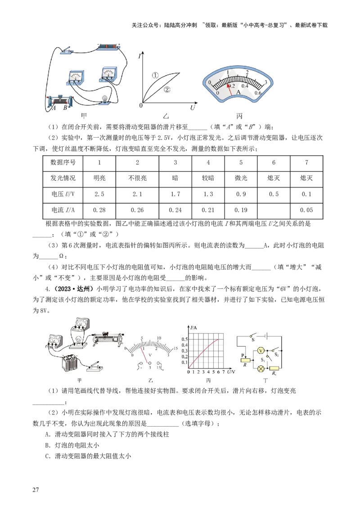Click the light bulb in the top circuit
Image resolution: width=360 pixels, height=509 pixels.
[x=104, y=99]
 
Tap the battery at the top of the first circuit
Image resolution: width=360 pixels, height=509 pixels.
[x=109, y=46]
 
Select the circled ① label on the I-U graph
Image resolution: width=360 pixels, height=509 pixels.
[x=155, y=75]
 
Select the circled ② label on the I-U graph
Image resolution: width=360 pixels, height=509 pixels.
[x=167, y=89]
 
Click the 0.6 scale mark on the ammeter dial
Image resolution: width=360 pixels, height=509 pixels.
[x=258, y=93]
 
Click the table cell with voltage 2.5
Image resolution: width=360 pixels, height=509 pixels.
[x=99, y=194]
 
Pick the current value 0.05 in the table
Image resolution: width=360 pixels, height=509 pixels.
[x=306, y=210]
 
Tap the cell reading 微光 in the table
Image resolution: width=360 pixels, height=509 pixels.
[x=241, y=178]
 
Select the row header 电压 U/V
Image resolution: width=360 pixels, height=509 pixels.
[x=63, y=194]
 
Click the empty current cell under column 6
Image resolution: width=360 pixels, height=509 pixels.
[x=274, y=210]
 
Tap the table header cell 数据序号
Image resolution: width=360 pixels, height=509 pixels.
[x=63, y=162]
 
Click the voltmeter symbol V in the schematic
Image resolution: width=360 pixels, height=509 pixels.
[x=260, y=351]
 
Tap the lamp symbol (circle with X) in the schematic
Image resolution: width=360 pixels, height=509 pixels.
[x=260, y=369]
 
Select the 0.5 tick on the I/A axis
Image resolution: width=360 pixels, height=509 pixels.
[x=184, y=339]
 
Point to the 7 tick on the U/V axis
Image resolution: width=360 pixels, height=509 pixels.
[x=224, y=372]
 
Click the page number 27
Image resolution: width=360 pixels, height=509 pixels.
[x=36, y=490]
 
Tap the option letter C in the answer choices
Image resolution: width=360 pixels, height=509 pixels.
[x=47, y=456]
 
